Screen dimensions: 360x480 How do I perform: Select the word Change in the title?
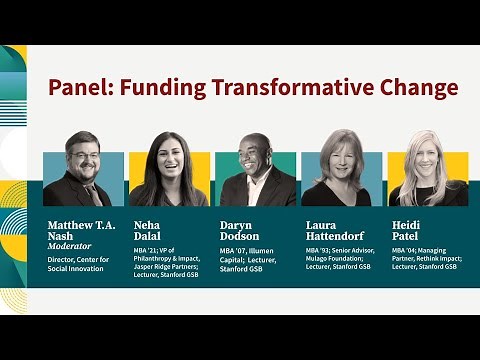coord(412,88)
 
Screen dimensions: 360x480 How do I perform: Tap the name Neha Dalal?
coord(149,231)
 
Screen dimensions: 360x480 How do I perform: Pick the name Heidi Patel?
coord(407,231)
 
